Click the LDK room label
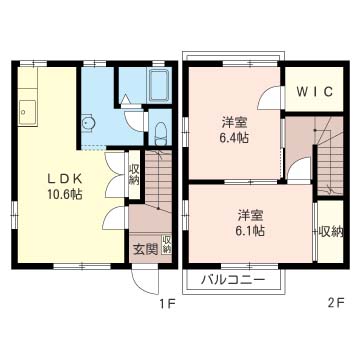pyautogui.click(x=65, y=179)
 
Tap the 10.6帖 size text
pyautogui.click(x=65, y=194)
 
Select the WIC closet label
pyautogui.click(x=315, y=91)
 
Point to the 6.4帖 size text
pyautogui.click(x=235, y=137)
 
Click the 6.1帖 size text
pyautogui.click(x=251, y=230)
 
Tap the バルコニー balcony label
pyautogui.click(x=233, y=280)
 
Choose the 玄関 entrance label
pyautogui.click(x=146, y=249)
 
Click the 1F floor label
pyautogui.click(x=167, y=303)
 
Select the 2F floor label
pyautogui.click(x=336, y=303)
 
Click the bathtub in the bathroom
pyautogui.click(x=158, y=86)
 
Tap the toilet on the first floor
pyautogui.click(x=161, y=132)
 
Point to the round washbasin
pyautogui.click(x=88, y=124)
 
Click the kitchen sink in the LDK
pyautogui.click(x=27, y=112)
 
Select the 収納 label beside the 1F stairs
pyautogui.click(x=134, y=174)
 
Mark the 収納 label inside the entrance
pyautogui.click(x=167, y=244)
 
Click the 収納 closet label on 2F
pyautogui.click(x=331, y=231)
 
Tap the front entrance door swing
pyautogui.click(x=145, y=282)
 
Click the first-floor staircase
pyautogui.click(x=158, y=180)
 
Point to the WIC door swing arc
pyautogui.click(x=267, y=95)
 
